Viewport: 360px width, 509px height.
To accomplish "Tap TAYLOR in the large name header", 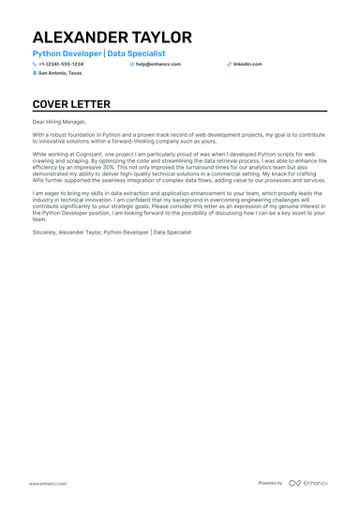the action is pyautogui.click(x=160, y=37).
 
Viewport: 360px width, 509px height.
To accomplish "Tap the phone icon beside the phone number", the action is pyautogui.click(x=35, y=64).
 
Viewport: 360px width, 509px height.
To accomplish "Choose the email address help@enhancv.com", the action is pyautogui.click(x=158, y=64).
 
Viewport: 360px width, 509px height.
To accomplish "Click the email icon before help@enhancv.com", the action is pyautogui.click(x=132, y=64).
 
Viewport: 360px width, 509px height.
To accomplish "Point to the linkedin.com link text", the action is pyautogui.click(x=247, y=64).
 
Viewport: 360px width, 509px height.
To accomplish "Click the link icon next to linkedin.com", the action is pyautogui.click(x=229, y=64).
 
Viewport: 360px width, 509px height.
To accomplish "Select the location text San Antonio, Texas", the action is pyautogui.click(x=60, y=72).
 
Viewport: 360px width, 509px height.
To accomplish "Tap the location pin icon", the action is pyautogui.click(x=35, y=72).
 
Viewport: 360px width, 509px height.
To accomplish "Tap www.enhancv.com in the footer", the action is pyautogui.click(x=46, y=483).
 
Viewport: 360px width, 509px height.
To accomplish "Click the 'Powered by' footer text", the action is pyautogui.click(x=270, y=483).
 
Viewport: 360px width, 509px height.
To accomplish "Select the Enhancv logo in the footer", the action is pyautogui.click(x=308, y=483).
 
